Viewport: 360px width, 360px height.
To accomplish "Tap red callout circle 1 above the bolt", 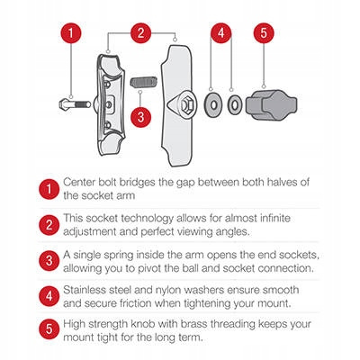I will pyautogui.click(x=73, y=33).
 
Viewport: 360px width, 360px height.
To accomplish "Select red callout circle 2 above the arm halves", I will pyautogui.click(x=140, y=33).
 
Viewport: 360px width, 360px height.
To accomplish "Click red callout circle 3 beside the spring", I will pyautogui.click(x=139, y=117).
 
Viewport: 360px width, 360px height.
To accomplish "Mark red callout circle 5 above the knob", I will pyautogui.click(x=263, y=33).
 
